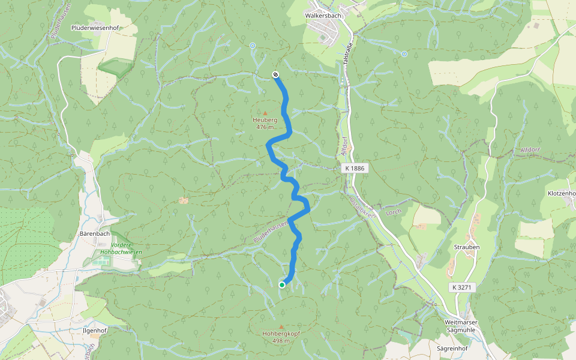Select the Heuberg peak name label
265,120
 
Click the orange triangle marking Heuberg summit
265,112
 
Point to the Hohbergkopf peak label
281,334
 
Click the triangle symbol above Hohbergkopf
281,326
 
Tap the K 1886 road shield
355,169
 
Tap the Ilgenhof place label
95,331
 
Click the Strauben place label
466,247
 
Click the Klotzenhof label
562,194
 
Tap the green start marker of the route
281,285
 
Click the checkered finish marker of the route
275,74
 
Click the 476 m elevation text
265,127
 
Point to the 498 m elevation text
281,341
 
